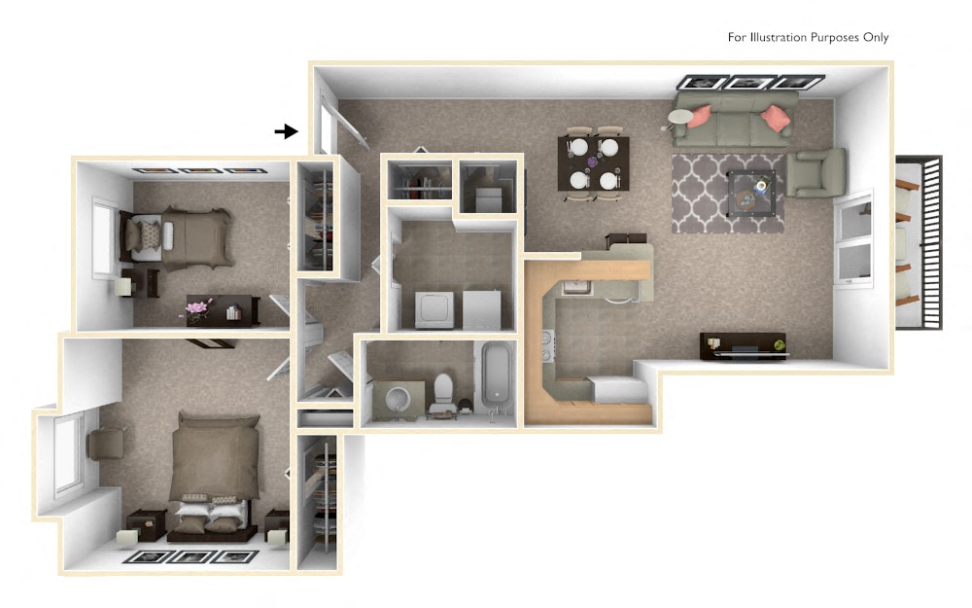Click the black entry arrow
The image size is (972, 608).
286,131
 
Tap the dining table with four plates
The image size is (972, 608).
593,163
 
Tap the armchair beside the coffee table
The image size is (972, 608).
815,173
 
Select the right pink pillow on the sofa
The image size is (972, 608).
775,118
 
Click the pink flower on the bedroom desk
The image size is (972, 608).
197,309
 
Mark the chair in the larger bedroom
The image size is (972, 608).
106,444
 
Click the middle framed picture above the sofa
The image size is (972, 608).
751,83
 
